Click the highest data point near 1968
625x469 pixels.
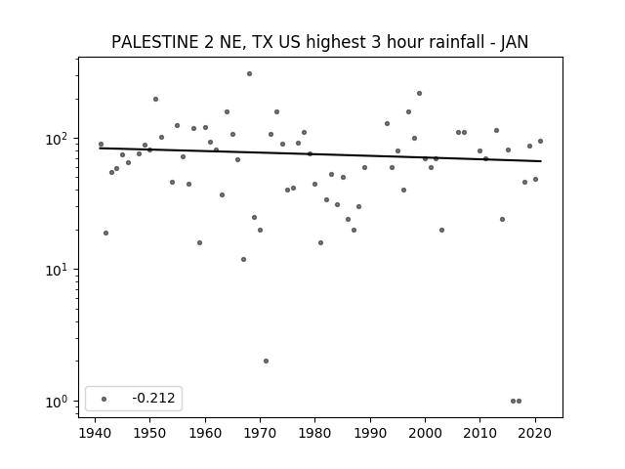(x=250, y=74)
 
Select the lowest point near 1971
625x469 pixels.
(x=266, y=361)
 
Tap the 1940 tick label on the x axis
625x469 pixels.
(x=95, y=433)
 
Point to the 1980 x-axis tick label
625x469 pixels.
(x=314, y=433)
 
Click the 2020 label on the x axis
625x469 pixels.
(x=535, y=433)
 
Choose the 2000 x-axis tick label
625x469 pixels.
(x=425, y=433)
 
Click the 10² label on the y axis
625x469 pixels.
(x=59, y=139)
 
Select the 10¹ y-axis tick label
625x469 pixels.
(x=59, y=271)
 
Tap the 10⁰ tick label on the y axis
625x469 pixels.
(x=59, y=402)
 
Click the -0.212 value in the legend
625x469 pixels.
(x=153, y=398)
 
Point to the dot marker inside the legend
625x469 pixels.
(x=104, y=399)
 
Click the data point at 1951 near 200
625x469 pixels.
(x=155, y=100)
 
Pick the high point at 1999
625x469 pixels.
(x=419, y=94)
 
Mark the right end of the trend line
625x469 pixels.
(x=541, y=161)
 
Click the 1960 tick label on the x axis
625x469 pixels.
(x=205, y=433)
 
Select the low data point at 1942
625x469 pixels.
(x=105, y=233)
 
